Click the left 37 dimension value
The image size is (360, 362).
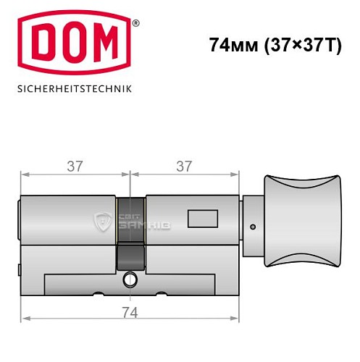click(74, 166)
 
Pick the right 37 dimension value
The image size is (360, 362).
click(184, 166)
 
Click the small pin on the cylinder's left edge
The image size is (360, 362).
click(19, 273)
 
